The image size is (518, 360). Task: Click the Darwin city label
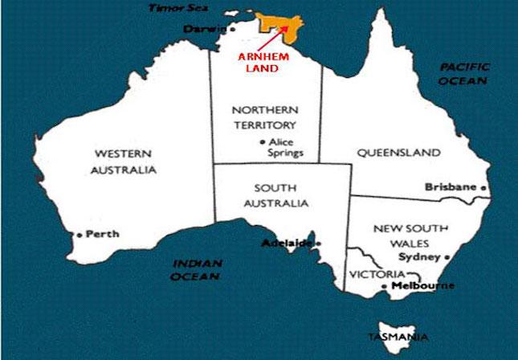(199, 29)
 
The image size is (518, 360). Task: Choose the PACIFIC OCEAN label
(463, 74)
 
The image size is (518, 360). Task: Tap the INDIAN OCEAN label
(196, 268)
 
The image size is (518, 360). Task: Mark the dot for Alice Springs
(263, 143)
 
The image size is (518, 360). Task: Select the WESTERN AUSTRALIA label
(125, 161)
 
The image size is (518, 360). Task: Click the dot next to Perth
(79, 235)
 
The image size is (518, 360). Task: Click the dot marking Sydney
(448, 258)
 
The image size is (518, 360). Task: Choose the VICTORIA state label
(372, 274)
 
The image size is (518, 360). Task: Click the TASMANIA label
(398, 336)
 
